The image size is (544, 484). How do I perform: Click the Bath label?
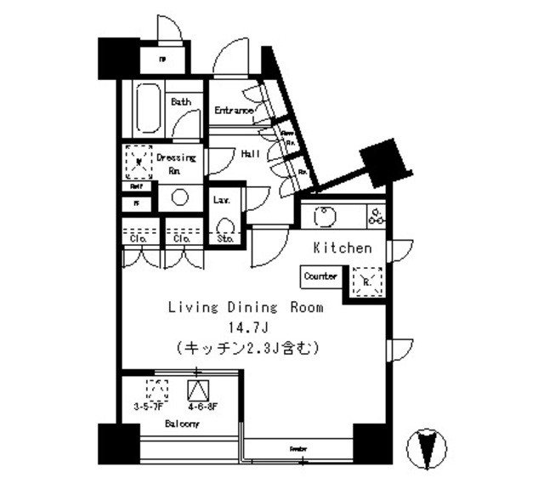click(x=180, y=102)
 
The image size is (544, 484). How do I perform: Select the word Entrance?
click(x=234, y=111)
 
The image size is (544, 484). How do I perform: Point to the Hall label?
click(x=251, y=154)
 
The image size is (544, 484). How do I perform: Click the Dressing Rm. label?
click(x=176, y=162)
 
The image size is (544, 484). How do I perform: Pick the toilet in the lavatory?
click(x=226, y=226)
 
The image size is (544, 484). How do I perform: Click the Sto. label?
click(x=224, y=240)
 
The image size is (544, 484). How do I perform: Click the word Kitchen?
click(x=343, y=248)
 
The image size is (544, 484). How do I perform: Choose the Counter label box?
click(x=320, y=276)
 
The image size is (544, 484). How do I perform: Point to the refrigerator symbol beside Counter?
click(x=366, y=280)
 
